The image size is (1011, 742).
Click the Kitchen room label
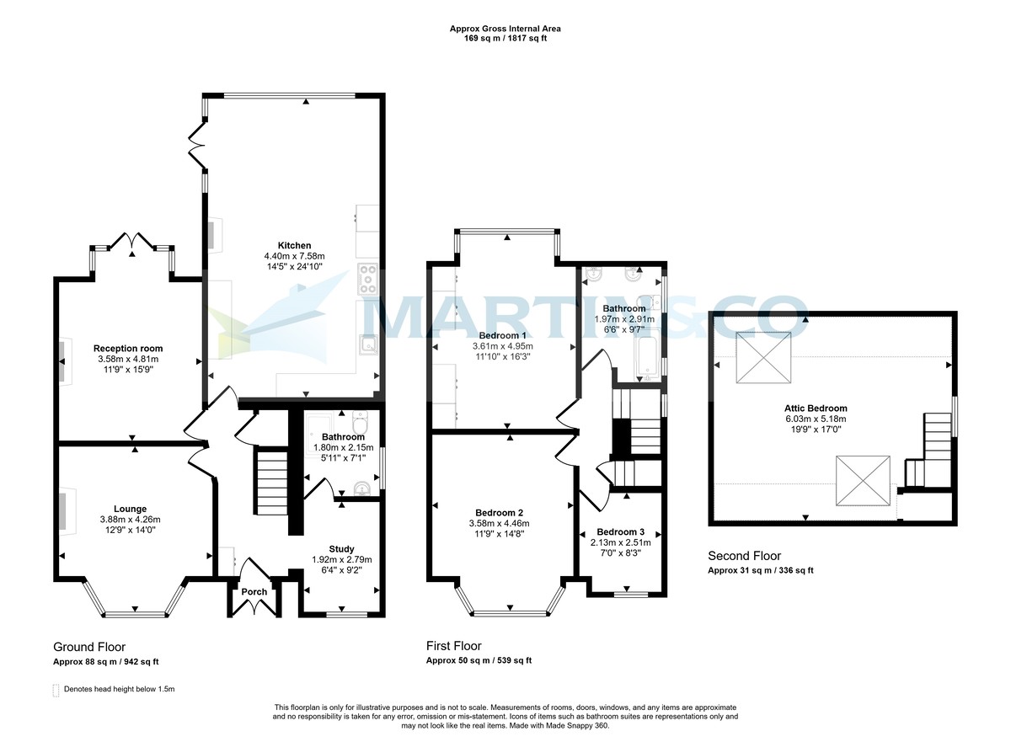tap(294, 245)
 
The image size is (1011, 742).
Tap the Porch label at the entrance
tap(254, 591)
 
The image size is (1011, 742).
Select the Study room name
tap(341, 549)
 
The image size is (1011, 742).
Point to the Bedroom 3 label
tap(620, 531)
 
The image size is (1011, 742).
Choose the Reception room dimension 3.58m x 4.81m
tap(128, 359)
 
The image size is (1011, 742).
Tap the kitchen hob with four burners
tap(369, 280)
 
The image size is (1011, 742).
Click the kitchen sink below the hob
tap(368, 345)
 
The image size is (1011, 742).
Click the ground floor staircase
tap(271, 482)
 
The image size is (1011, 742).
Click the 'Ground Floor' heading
tap(89, 647)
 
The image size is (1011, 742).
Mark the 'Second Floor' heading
tap(744, 556)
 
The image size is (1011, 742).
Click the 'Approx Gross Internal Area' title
tap(505, 29)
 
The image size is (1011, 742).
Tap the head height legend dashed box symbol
tap(56, 690)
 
